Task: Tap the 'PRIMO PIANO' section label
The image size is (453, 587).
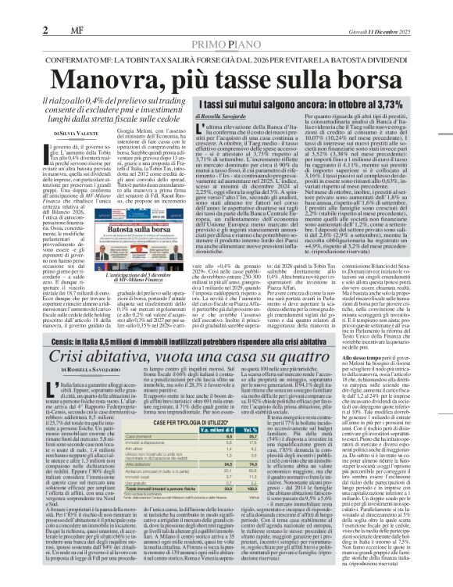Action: coord(226,23)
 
